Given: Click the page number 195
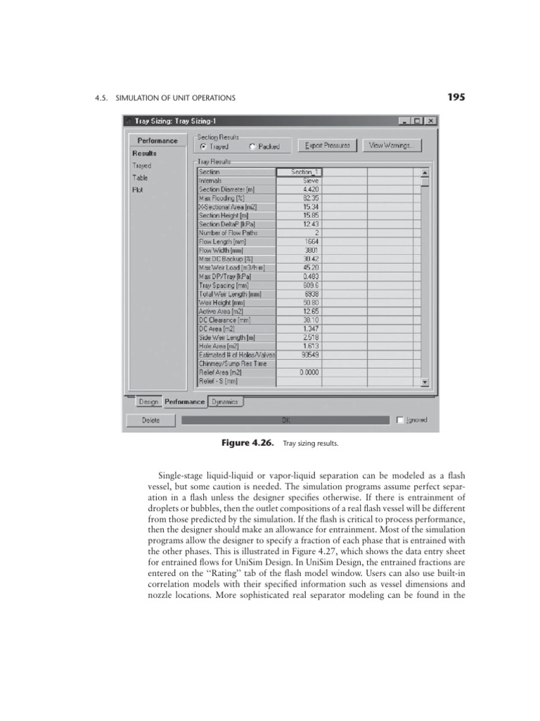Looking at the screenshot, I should point(455,97).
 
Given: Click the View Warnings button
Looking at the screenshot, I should point(392,146).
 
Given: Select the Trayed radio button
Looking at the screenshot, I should point(204,146).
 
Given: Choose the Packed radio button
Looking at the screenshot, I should point(252,146).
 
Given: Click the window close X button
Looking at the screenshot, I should point(430,121).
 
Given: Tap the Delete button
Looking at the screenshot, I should point(150,420).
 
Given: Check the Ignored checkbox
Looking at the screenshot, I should point(400,420).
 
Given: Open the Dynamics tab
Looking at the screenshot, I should point(225,401).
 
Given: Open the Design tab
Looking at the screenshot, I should point(148,401).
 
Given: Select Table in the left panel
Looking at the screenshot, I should point(140,177).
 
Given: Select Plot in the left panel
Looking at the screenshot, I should point(137,189).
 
